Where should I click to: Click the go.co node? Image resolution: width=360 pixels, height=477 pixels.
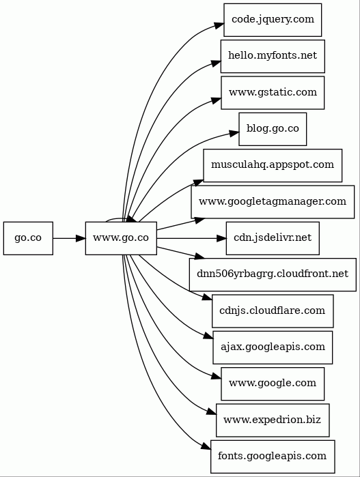click(28, 238)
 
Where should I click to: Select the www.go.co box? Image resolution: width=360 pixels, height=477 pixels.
click(121, 238)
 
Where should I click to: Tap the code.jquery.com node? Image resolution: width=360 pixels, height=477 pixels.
click(273, 20)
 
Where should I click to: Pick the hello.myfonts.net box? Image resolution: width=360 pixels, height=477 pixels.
click(273, 56)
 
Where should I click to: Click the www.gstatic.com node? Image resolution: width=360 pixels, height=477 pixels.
click(273, 93)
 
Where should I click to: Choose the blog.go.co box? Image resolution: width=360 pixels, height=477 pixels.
click(273, 129)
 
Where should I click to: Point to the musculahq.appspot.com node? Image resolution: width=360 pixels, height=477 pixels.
click(273, 166)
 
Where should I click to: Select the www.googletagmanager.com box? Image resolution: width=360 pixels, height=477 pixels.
click(273, 202)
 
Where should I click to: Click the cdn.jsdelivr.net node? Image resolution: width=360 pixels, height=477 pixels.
click(273, 238)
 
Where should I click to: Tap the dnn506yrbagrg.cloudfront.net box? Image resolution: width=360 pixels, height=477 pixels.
click(273, 275)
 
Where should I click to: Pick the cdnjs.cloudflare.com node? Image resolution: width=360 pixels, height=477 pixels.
click(273, 311)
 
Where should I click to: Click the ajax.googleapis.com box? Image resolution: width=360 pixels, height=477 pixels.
click(273, 347)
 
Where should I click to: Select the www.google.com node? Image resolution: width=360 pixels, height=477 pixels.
click(273, 384)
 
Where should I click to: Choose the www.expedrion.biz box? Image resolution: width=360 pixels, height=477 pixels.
click(273, 420)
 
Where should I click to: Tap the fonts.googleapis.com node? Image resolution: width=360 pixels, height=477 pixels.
click(273, 457)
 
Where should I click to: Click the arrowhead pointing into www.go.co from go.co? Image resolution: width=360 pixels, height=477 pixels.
click(81, 238)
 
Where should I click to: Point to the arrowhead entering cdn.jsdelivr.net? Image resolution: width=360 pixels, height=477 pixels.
click(221, 238)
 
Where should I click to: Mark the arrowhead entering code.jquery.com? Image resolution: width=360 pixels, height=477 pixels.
click(219, 25)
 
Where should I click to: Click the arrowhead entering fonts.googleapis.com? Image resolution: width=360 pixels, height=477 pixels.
click(206, 446)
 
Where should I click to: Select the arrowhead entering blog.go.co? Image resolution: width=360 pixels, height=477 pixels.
click(234, 133)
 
